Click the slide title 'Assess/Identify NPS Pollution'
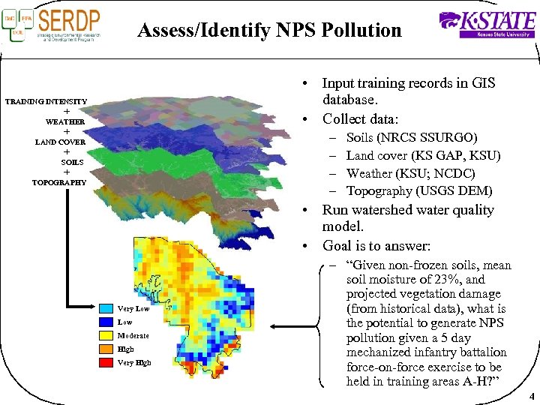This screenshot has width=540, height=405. [x=269, y=31]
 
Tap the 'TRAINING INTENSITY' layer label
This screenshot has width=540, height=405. [x=46, y=101]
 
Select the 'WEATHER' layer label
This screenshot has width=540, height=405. [x=65, y=121]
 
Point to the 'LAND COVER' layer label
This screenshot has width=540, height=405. [x=60, y=142]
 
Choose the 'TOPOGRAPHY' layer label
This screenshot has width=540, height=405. [x=59, y=182]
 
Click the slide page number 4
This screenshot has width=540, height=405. [x=531, y=397]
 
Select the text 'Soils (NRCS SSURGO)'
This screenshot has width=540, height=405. [x=411, y=137]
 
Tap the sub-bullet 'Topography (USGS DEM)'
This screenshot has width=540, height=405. [x=419, y=191]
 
